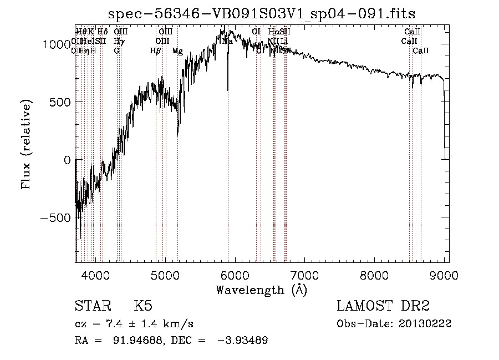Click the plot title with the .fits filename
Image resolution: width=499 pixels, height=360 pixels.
261,13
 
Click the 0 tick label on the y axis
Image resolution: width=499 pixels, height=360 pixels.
67,160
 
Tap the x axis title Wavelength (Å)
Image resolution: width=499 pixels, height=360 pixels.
261,290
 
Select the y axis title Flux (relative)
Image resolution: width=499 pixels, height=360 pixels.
27,144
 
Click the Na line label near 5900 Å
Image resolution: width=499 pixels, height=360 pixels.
227,42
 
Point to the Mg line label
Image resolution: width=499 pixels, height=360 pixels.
177,51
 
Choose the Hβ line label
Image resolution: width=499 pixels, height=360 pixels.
155,51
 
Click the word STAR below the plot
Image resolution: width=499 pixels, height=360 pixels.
92,306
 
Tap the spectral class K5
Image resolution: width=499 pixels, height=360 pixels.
143,306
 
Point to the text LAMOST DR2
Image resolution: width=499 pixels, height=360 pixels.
383,306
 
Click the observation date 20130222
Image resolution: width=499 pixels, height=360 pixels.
425,324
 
